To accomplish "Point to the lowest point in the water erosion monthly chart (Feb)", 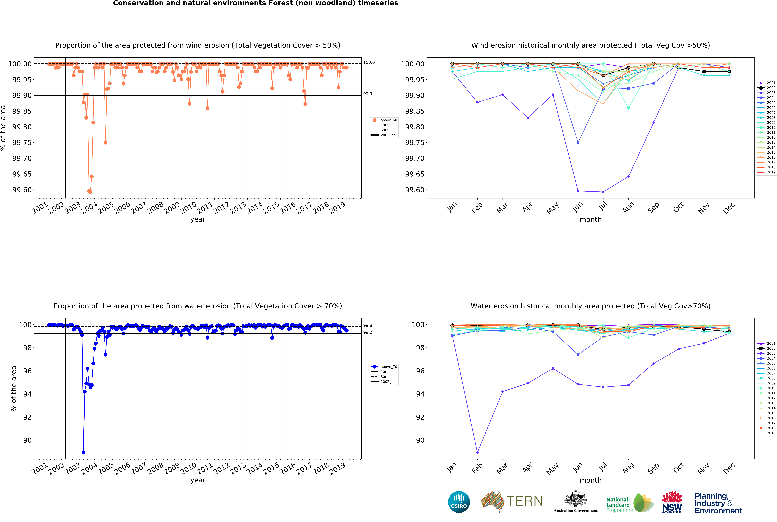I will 477,452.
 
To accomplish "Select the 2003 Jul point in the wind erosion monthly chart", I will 603,192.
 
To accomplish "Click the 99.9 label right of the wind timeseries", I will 367,94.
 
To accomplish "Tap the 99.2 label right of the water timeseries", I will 367,332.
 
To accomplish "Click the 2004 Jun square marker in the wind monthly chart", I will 578,142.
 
